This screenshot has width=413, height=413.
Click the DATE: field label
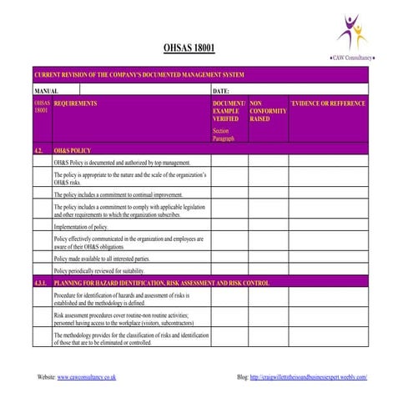coord(221,89)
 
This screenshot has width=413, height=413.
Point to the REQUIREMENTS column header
coord(75,103)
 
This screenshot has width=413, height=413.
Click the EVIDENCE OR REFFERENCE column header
coord(328,103)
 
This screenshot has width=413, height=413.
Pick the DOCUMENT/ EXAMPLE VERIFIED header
coord(229,111)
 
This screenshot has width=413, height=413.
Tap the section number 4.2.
coord(39,150)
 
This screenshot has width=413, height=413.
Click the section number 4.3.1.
coord(42,284)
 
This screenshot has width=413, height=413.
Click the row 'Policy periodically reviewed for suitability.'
coord(99,271)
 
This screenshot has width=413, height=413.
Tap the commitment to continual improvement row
coord(118,194)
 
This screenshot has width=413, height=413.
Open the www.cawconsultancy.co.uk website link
coord(87,377)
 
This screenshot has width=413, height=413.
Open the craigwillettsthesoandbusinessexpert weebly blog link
coord(308,377)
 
